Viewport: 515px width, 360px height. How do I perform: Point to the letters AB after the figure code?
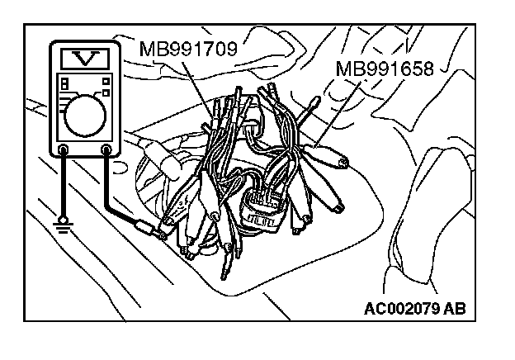pyautogui.click(x=455, y=310)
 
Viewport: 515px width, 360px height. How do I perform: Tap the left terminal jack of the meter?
pyautogui.click(x=64, y=150)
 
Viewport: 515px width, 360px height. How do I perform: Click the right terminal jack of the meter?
pyautogui.click(x=106, y=150)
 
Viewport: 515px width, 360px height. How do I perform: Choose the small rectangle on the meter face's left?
pyautogui.click(x=63, y=85)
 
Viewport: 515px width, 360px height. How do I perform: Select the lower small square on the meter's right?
pyautogui.click(x=106, y=91)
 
